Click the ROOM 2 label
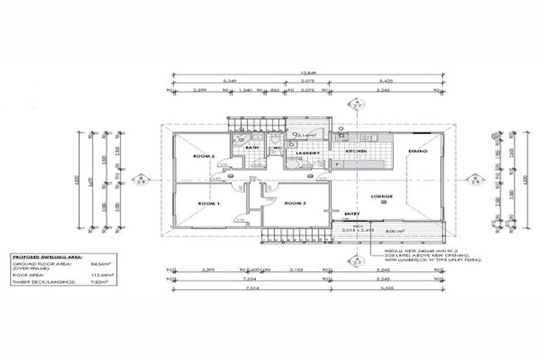pos(204,155)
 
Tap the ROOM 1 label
pos(210,204)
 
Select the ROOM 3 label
pos(295,204)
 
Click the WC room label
pos(277,148)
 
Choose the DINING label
pos(420,150)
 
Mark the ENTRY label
pos(352,214)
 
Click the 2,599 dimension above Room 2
pos(198,90)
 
